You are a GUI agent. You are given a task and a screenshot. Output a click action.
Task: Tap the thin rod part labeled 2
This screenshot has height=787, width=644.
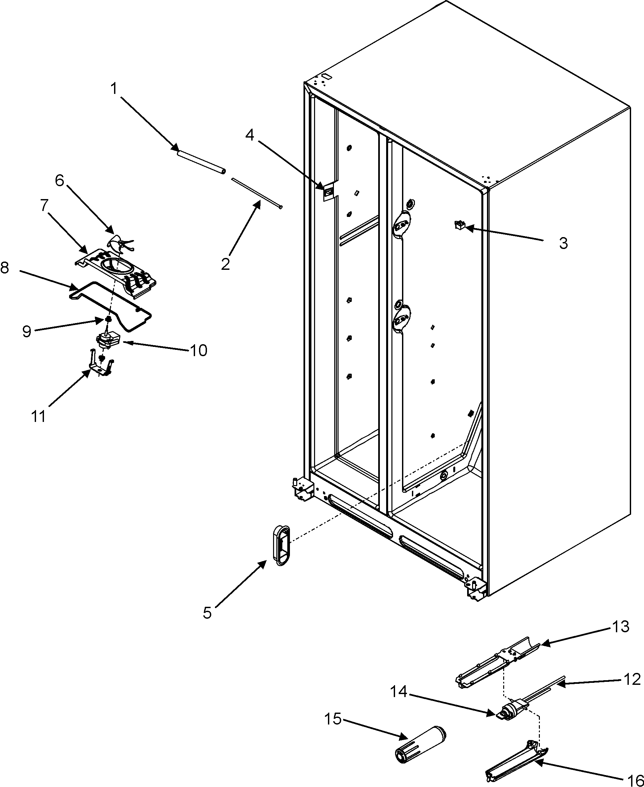256,192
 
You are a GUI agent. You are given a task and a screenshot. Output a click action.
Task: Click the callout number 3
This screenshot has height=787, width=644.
563,243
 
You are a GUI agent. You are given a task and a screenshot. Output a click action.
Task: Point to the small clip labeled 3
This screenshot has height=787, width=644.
459,225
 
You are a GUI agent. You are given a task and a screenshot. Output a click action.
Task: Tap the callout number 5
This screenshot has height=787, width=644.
207,613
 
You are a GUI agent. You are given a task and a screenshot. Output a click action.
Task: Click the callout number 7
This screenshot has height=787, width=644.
45,205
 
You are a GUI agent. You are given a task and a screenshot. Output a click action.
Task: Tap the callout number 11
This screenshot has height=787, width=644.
38,416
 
